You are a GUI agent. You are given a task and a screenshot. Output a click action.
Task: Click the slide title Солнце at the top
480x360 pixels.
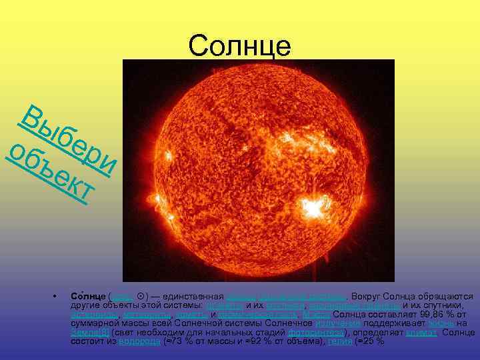[240, 46]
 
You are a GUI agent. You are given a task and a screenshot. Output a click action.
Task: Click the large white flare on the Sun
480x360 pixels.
[311, 208]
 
